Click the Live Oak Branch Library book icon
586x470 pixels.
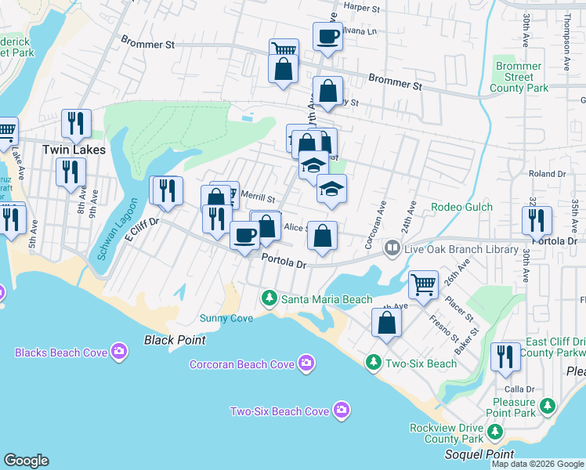pos(392,249)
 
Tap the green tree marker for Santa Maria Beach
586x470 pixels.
pos(269,298)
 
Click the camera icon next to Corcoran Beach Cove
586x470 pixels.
pos(306,363)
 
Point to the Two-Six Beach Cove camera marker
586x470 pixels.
pos(341,410)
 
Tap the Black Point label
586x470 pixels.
pos(175,340)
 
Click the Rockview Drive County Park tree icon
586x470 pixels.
pos(494,431)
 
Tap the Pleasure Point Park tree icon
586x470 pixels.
pos(547,406)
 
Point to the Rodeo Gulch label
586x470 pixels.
pos(461,207)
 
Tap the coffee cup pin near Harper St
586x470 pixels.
pos(327,35)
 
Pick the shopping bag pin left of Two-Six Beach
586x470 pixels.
pos(386,321)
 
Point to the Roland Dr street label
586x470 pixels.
pos(547,174)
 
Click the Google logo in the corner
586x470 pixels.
pos(26,461)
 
